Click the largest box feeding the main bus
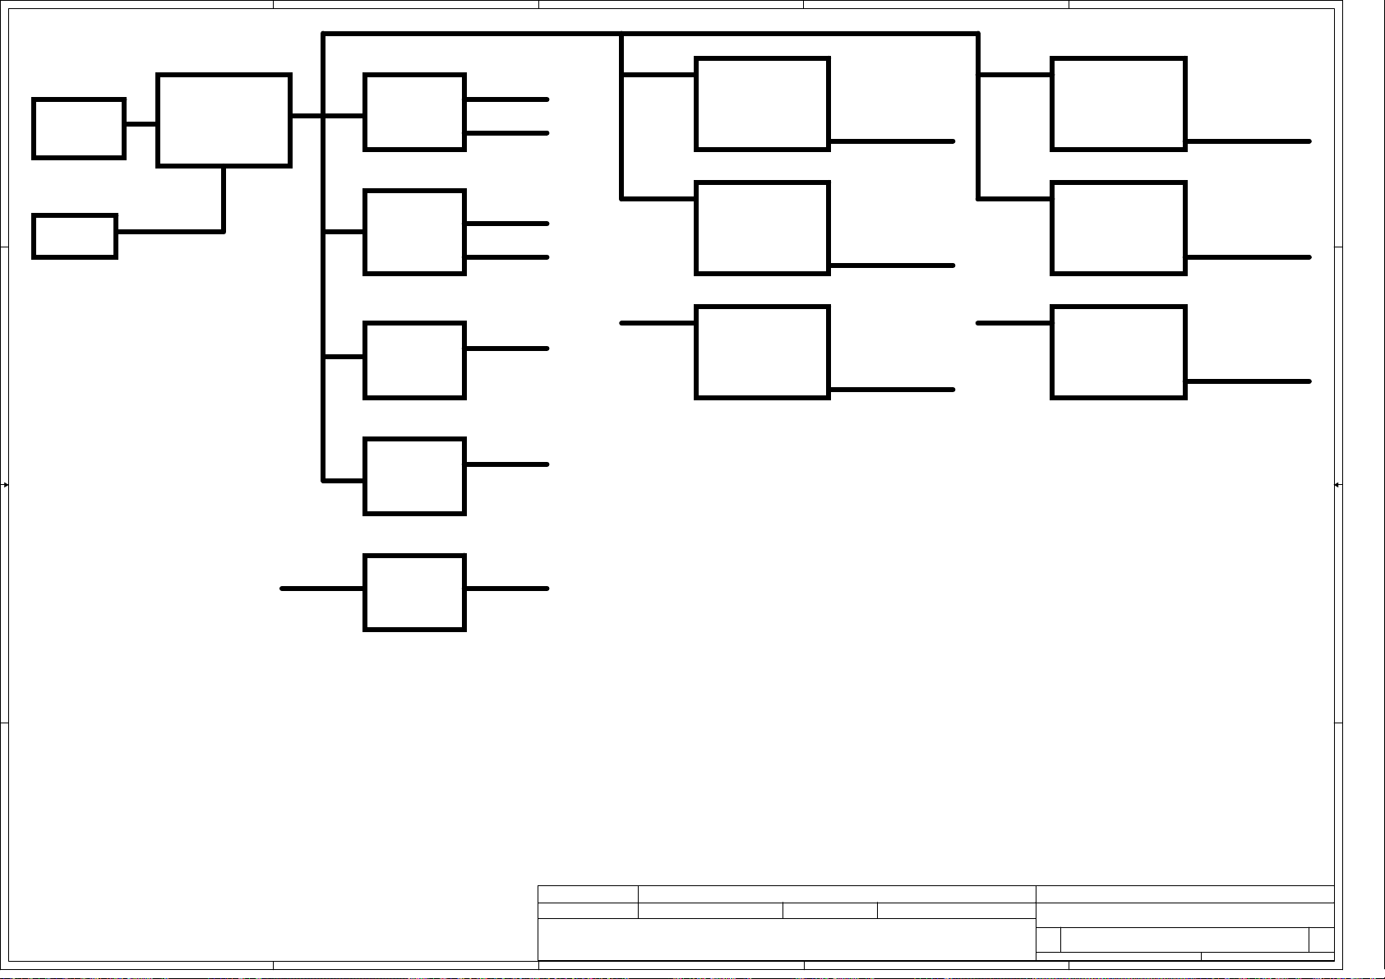224,120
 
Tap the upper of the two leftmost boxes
79,128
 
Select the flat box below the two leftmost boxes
75,236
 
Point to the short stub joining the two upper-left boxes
141,124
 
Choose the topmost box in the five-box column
414,112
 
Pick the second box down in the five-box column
414,232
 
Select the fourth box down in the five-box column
414,477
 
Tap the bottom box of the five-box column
414,593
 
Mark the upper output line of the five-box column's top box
507,99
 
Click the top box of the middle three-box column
762,104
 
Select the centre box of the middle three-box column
762,228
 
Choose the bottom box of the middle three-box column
762,352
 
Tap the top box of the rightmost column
1119,104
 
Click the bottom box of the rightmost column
1119,352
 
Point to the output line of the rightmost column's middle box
1249,257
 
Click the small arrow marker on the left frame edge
5,485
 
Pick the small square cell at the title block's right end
1321,940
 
